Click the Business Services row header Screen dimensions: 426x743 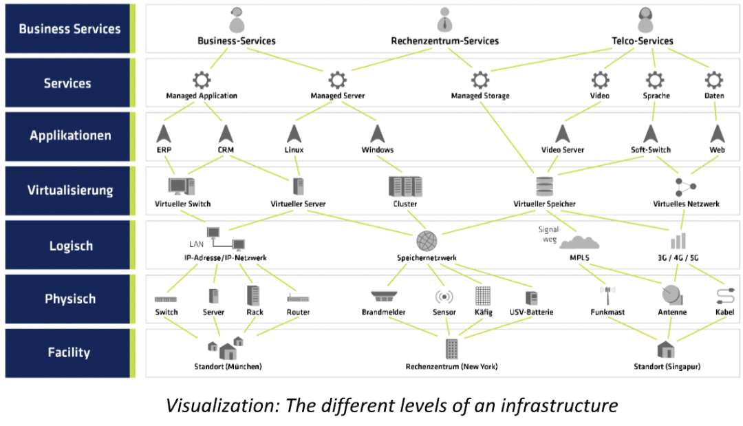69,29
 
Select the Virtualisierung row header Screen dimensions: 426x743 69,191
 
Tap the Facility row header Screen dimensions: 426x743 69,352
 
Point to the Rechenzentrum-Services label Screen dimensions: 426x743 445,41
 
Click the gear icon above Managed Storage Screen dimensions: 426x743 480,78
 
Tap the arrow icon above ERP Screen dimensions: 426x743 162,133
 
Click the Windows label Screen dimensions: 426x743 378,149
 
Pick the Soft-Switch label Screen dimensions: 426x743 650,149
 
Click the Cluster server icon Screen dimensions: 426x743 405,187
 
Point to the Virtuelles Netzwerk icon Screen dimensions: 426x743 685,187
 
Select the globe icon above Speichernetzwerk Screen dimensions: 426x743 427,241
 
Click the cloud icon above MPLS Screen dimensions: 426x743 579,242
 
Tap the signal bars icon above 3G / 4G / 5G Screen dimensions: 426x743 678,241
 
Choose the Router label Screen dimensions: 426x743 298,312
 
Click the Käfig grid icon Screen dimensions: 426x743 483,296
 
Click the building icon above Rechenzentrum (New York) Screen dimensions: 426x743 451,349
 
